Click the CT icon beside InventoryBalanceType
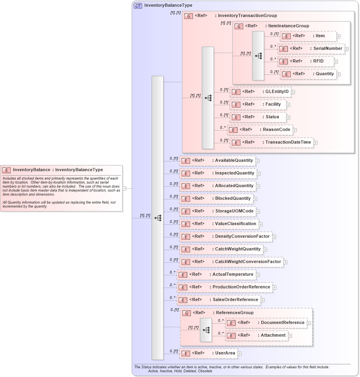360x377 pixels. click(138, 6)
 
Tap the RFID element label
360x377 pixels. click(318, 61)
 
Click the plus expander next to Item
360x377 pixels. click(339, 36)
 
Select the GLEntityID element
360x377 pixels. click(260, 92)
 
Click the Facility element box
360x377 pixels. click(258, 104)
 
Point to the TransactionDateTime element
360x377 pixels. click(272, 142)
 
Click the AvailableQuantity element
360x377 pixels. click(217, 161)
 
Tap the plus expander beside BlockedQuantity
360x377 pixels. click(255, 199)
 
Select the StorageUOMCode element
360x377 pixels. click(217, 211)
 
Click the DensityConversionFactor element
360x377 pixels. click(225, 237)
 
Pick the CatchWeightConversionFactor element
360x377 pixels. click(231, 262)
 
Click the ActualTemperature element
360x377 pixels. click(216, 275)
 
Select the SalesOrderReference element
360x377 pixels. click(219, 300)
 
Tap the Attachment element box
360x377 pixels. click(256, 335)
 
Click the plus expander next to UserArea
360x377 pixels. click(240, 354)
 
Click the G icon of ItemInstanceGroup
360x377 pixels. click(239, 26)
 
